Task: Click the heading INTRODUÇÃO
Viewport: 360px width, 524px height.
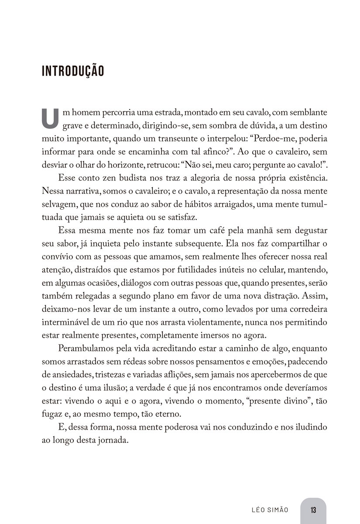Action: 73,71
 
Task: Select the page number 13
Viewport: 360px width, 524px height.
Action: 313,510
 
